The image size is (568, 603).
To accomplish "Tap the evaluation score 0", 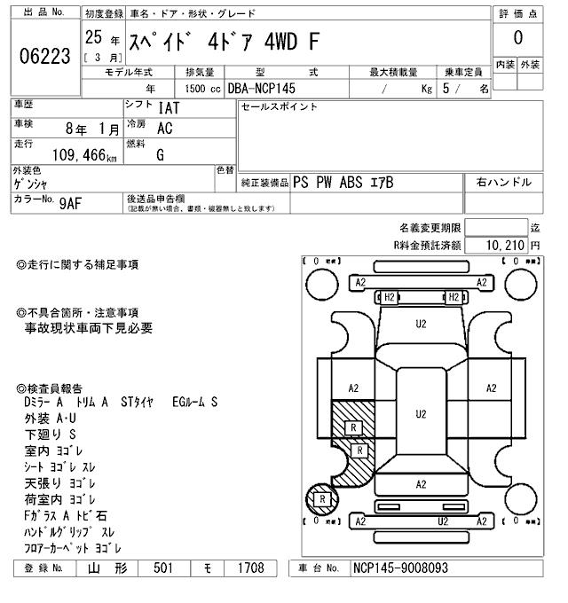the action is click(517, 39).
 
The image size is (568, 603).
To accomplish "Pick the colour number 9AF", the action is click(69, 203).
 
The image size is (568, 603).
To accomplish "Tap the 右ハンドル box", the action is click(503, 183).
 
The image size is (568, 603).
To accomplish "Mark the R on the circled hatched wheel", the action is click(323, 500).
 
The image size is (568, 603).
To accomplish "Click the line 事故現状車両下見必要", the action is click(89, 328).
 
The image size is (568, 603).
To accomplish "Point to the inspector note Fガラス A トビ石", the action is click(67, 515).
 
